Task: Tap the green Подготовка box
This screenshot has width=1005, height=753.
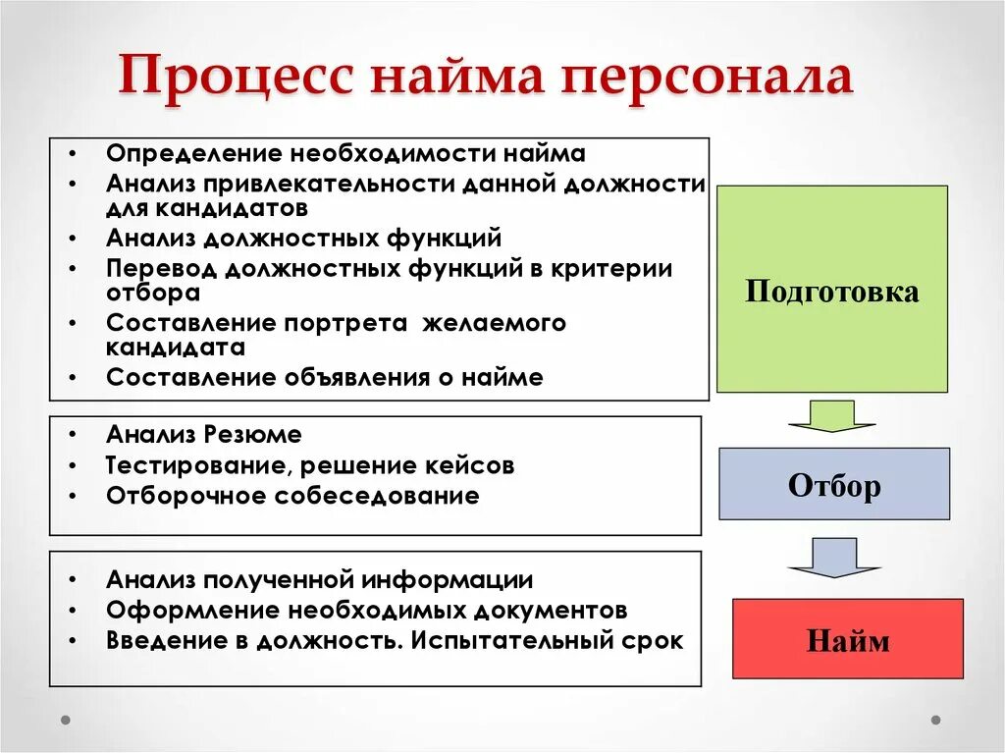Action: click(x=832, y=291)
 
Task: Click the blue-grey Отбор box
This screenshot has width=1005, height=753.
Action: click(x=834, y=484)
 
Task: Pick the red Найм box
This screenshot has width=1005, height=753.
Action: click(x=848, y=639)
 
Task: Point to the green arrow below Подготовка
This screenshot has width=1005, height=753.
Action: click(x=831, y=416)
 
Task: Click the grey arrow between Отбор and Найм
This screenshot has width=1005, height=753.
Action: click(x=833, y=558)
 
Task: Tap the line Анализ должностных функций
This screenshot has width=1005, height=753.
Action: click(x=304, y=238)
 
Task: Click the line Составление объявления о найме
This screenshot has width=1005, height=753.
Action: click(x=325, y=377)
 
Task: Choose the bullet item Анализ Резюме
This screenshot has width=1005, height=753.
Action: click(x=204, y=434)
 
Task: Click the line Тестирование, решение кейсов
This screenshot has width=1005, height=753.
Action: click(x=310, y=465)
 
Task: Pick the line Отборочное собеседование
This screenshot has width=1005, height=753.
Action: click(x=292, y=496)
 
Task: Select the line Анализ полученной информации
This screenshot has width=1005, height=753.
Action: click(x=320, y=579)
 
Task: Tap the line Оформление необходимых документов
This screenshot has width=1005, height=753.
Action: click(x=366, y=610)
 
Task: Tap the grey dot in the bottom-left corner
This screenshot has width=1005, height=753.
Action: click(x=67, y=719)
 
